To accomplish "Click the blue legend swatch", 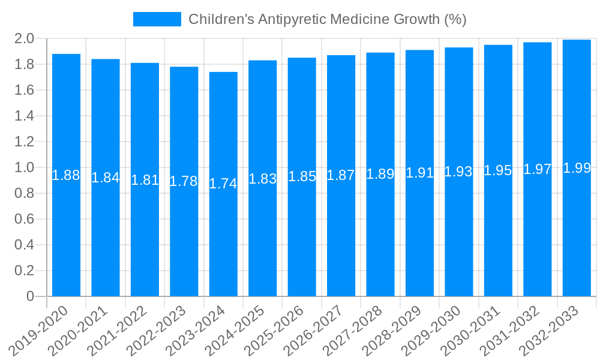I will pyautogui.click(x=157, y=19).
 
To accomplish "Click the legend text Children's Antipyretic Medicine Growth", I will pyautogui.click(x=328, y=19).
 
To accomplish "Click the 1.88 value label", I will pyautogui.click(x=66, y=175).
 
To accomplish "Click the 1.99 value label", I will pyautogui.click(x=577, y=168).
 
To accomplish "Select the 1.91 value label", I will pyautogui.click(x=419, y=173).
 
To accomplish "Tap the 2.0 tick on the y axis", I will pyautogui.click(x=25, y=39).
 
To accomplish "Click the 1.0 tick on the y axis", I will pyautogui.click(x=25, y=167).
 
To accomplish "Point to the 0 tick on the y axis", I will pyautogui.click(x=30, y=296).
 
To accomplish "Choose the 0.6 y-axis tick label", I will pyautogui.click(x=25, y=219).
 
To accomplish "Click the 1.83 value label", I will pyautogui.click(x=263, y=178).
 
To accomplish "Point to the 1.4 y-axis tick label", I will pyautogui.click(x=25, y=116).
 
